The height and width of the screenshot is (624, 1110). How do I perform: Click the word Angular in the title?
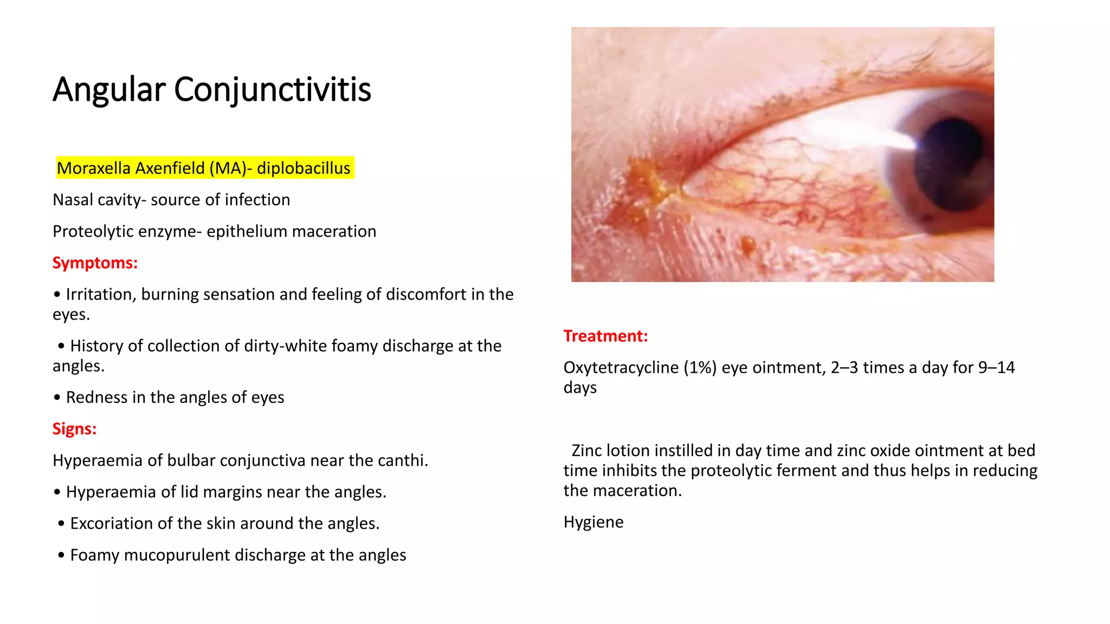[108, 90]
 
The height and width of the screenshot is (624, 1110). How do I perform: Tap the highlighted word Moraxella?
[93, 168]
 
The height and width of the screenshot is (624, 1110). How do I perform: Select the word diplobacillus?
[304, 168]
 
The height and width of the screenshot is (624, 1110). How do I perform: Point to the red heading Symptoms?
[95, 263]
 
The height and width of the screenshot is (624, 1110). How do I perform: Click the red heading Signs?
[74, 429]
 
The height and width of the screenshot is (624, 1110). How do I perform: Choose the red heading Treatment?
[605, 336]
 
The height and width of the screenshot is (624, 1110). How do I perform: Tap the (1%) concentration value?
[700, 368]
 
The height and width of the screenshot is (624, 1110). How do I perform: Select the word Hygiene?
[593, 522]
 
